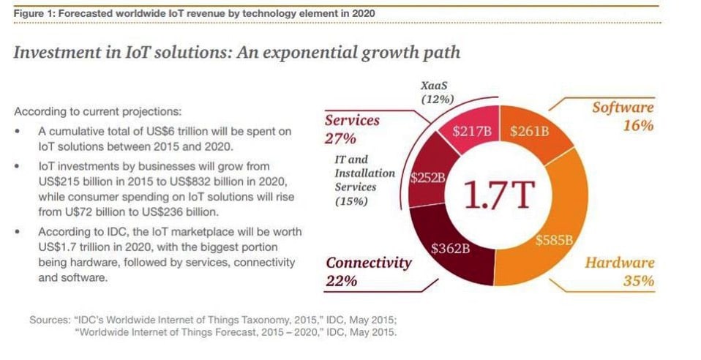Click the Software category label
[622, 108]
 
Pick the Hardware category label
[619, 263]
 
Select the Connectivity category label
[369, 263]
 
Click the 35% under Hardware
[638, 281]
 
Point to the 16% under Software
[637, 126]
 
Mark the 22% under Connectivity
[342, 281]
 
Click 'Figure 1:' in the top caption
[35, 15]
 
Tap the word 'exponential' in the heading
[271, 53]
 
